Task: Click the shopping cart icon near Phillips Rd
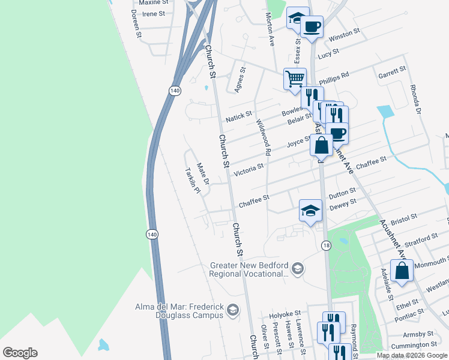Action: [x=295, y=79]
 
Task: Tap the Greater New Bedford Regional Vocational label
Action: [x=250, y=269]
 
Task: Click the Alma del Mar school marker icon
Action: [x=233, y=310]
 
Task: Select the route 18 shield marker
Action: [x=326, y=245]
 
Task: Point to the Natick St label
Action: [x=239, y=116]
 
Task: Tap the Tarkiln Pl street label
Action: [x=191, y=179]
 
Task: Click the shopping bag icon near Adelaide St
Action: [x=402, y=270]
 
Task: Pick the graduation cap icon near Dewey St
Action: [x=310, y=211]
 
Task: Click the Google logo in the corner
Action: [x=20, y=353]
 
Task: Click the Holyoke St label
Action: [x=285, y=314]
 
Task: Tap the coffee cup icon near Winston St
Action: [x=312, y=27]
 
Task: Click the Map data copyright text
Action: [x=412, y=355]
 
